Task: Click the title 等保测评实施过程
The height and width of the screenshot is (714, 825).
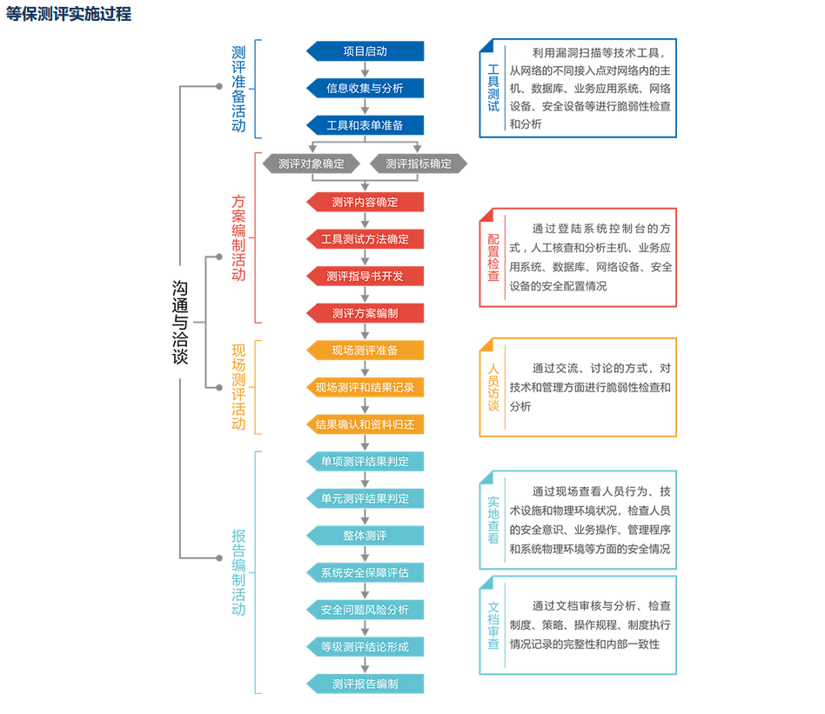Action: (69, 14)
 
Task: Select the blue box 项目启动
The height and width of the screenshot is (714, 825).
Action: (366, 51)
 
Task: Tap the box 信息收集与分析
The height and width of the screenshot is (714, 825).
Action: (366, 88)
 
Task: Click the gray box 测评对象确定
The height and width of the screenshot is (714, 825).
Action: (312, 163)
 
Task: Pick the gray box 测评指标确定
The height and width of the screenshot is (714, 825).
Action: (419, 163)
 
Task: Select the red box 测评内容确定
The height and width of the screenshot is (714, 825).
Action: (366, 202)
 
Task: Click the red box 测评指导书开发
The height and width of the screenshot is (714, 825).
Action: (366, 276)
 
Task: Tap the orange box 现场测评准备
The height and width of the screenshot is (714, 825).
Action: (366, 350)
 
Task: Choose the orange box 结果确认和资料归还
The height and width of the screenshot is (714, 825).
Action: (366, 424)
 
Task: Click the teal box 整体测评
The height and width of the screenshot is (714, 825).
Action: (366, 535)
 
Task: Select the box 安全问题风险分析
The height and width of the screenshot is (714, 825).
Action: (366, 610)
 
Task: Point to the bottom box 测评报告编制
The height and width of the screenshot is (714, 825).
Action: (366, 684)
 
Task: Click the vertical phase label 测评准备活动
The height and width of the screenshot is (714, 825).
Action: (238, 89)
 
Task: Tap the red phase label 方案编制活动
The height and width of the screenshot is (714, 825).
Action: (238, 237)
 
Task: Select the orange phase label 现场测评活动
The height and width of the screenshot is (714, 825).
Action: (238, 387)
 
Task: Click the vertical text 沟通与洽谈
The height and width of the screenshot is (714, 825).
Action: (178, 322)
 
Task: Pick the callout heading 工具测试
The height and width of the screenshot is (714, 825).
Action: (493, 88)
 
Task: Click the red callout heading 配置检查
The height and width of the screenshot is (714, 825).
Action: (493, 257)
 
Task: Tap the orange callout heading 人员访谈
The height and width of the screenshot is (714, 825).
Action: (493, 387)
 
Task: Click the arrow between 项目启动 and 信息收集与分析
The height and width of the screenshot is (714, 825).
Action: (366, 70)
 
